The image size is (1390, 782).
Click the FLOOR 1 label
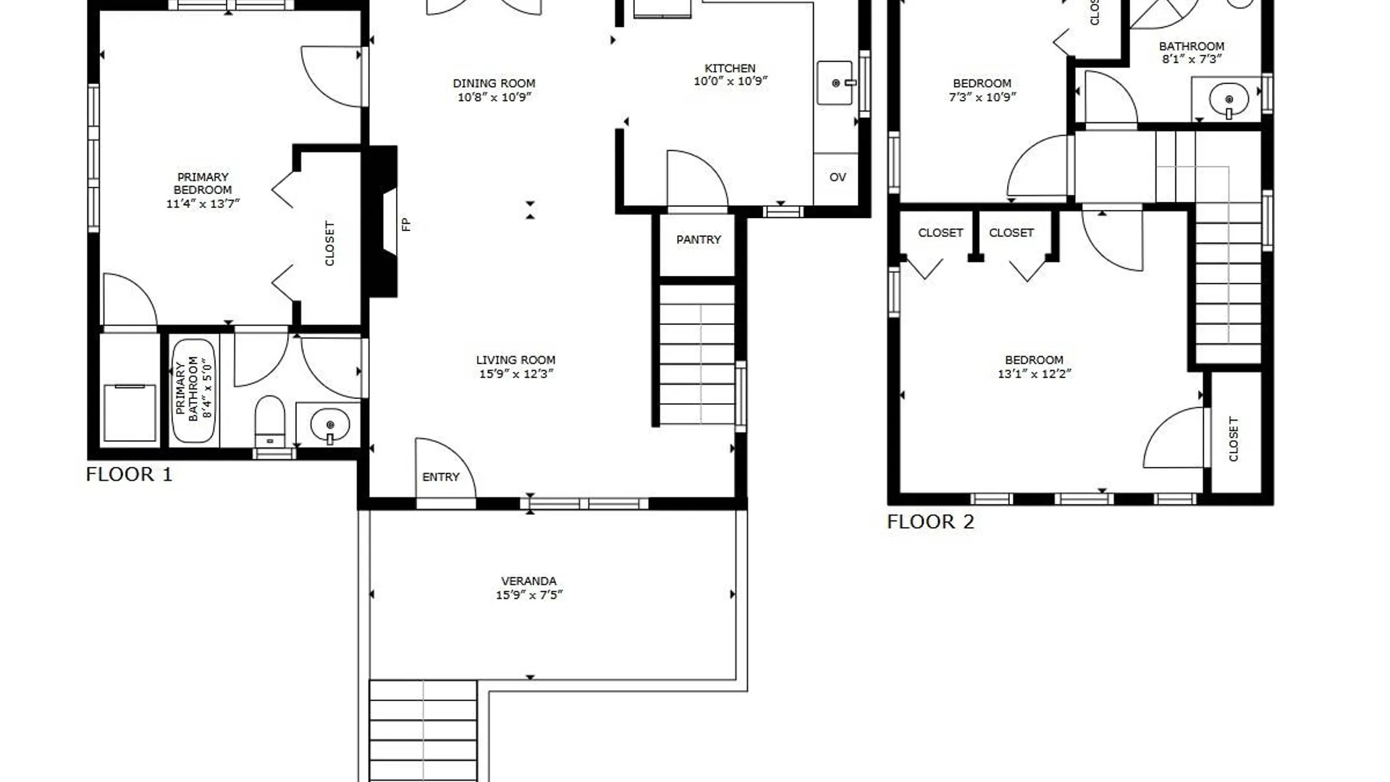[x=129, y=474]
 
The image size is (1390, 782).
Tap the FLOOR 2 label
[x=930, y=521]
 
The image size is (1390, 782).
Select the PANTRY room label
[x=699, y=240]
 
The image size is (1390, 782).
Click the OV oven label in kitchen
[x=838, y=177]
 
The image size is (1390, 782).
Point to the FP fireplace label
[x=406, y=224]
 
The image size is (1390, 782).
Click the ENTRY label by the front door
[x=441, y=477]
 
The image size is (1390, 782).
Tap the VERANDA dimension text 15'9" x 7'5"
[x=529, y=595]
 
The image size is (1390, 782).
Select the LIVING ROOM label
[x=516, y=360]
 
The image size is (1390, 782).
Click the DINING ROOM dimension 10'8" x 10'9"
[x=494, y=97]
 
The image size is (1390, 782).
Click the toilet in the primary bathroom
[x=270, y=421]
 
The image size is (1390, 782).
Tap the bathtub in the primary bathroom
[x=193, y=392]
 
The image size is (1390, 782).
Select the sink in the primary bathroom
[x=329, y=425]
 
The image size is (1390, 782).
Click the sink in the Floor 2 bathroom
[x=1229, y=98]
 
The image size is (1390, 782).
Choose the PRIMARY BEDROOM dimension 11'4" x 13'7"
[x=203, y=204]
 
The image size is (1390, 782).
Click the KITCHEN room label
[x=730, y=68]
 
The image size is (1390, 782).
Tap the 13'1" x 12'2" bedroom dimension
[x=1034, y=374]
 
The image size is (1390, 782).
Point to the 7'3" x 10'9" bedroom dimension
[x=982, y=97]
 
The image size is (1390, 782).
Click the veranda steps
[x=423, y=731]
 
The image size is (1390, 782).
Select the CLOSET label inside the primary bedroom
[x=330, y=243]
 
